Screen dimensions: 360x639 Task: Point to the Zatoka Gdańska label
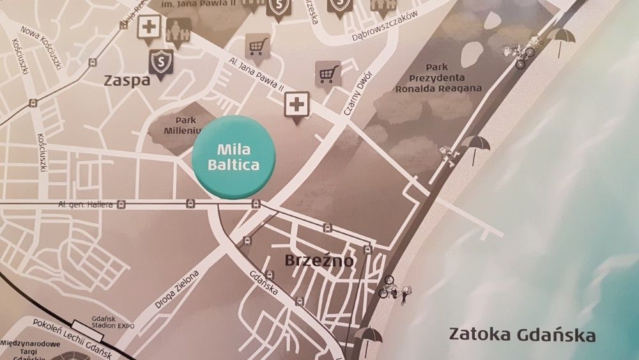521,334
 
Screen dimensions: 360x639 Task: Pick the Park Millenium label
180,126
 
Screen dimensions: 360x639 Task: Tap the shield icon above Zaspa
159,62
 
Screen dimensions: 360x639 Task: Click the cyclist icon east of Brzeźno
389,287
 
